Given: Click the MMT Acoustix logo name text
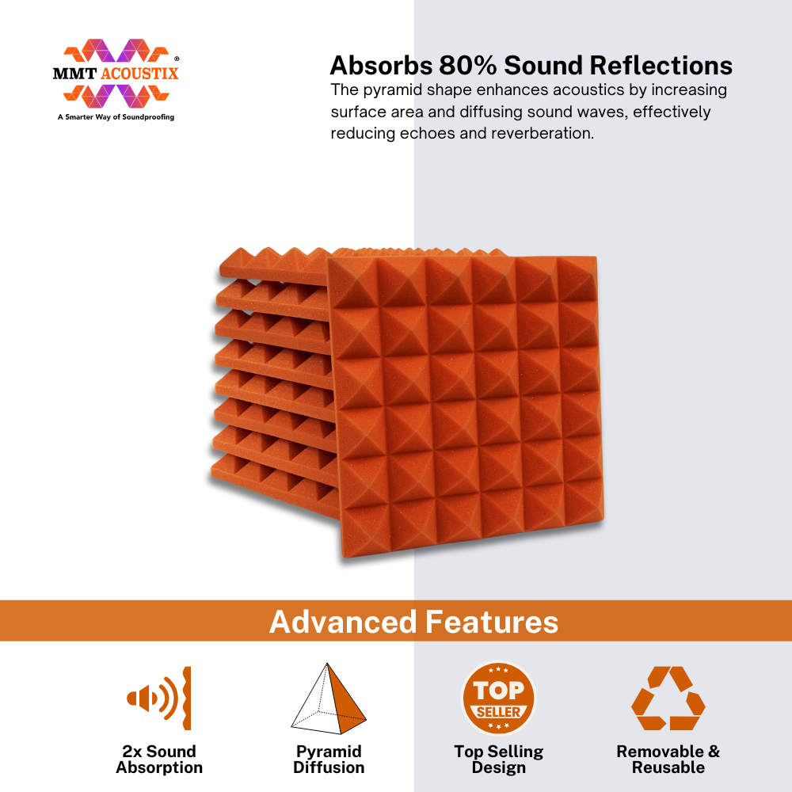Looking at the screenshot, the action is click(x=116, y=74).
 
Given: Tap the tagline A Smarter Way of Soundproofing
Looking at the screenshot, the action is click(x=116, y=116).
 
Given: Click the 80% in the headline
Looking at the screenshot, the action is click(x=468, y=65).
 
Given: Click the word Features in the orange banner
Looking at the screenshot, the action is click(x=492, y=621).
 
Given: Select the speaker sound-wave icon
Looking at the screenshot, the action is click(x=159, y=698).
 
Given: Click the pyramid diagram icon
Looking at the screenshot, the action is click(x=329, y=699).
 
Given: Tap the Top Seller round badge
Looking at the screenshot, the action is click(x=498, y=699).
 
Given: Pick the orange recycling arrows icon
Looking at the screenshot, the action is click(x=668, y=698).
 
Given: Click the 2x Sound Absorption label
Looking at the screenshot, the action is click(x=159, y=760).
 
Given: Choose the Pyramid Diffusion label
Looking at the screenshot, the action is click(x=329, y=760).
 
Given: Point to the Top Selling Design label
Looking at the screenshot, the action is click(x=498, y=760).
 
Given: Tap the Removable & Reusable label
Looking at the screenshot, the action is click(x=668, y=760).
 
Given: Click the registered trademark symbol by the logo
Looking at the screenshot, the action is click(x=177, y=59).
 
